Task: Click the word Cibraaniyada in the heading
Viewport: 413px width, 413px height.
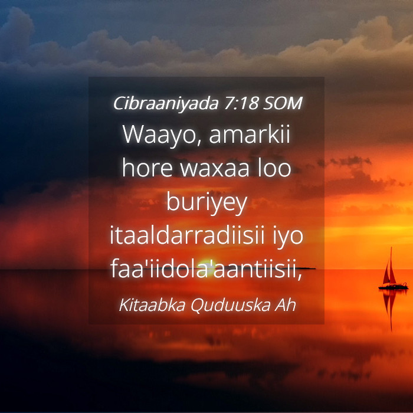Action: point(166,103)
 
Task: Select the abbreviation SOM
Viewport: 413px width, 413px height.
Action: point(283,103)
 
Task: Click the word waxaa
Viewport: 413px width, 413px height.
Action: point(214,170)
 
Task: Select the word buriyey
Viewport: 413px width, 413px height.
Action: point(206,204)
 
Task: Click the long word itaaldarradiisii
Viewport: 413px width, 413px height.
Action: point(187,235)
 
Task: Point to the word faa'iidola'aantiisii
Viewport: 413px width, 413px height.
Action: point(206,269)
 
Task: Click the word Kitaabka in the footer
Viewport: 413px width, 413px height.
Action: point(152,305)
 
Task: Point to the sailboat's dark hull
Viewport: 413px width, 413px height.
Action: point(394,287)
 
